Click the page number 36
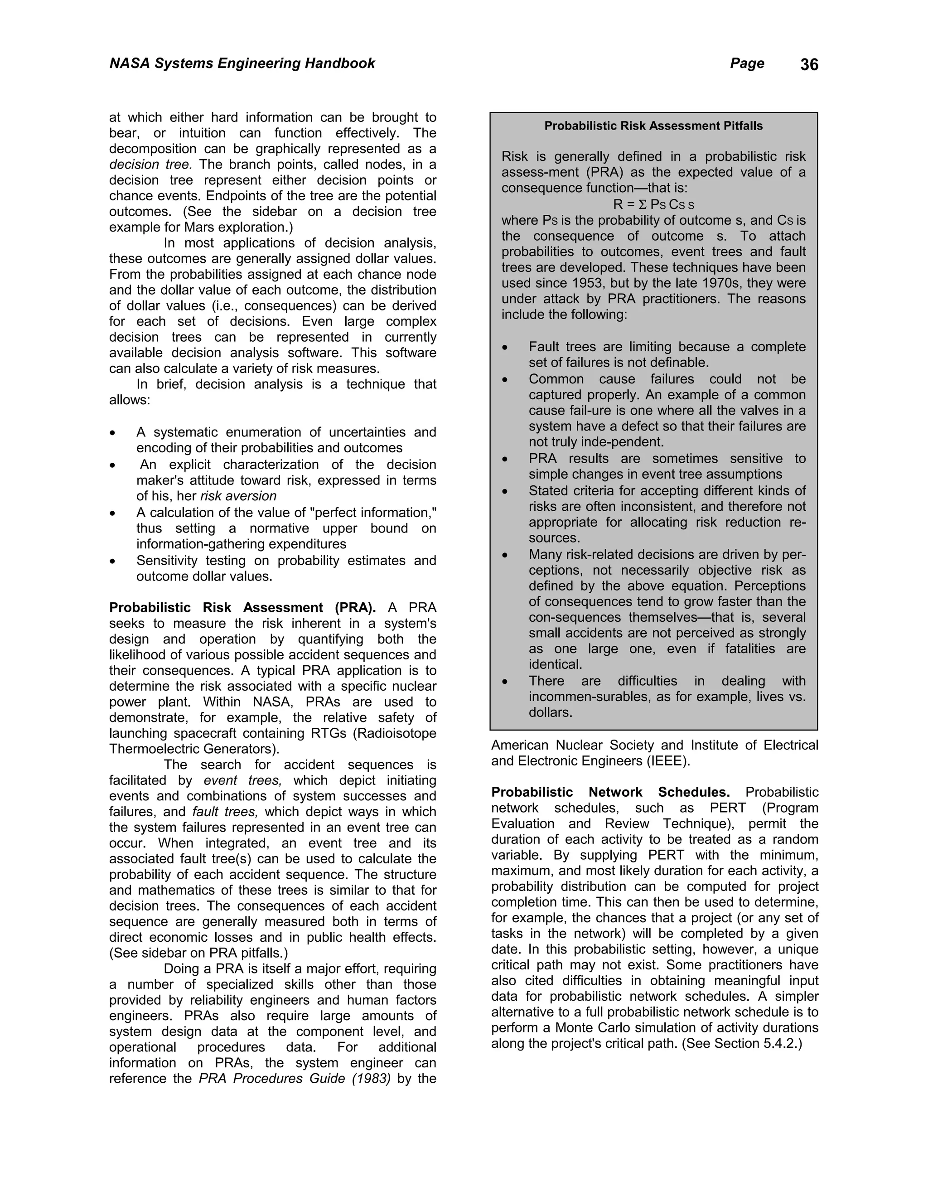(x=809, y=65)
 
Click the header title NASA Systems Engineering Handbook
(x=242, y=63)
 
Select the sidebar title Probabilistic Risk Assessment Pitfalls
(x=653, y=126)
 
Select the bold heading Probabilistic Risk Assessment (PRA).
(x=242, y=607)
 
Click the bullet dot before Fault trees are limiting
(x=505, y=348)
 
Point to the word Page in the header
(x=747, y=63)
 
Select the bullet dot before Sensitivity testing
(x=113, y=562)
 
